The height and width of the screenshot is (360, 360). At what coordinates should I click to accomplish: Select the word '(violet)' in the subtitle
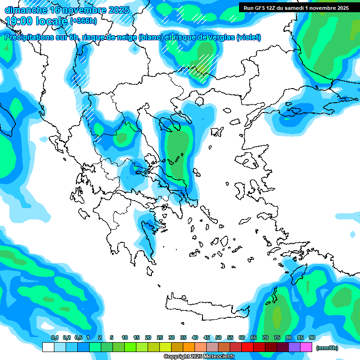249,37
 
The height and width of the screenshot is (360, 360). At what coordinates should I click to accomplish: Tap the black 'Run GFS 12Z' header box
295,7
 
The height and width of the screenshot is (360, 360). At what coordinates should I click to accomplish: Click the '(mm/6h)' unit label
327,348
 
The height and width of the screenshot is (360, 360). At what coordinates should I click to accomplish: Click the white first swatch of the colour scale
48,347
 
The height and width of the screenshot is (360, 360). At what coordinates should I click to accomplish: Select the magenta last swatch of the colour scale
306,347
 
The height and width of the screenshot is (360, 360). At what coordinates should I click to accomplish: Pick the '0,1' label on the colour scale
55,338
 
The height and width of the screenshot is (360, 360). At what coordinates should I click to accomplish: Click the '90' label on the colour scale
312,338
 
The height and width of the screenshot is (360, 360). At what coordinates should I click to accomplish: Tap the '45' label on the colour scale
207,338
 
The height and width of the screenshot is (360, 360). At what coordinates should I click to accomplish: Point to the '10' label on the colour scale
125,338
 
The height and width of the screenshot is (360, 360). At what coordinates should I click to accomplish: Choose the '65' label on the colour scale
254,338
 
